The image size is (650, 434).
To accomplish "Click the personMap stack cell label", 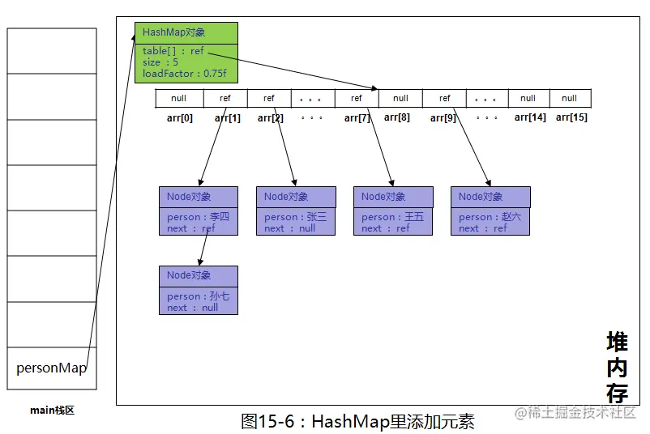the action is tap(51, 368).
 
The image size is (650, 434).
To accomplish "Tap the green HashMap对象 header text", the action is tap(173, 32).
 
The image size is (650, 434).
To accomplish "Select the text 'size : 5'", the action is tap(160, 62).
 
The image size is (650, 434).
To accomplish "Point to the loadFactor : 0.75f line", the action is tap(185, 74).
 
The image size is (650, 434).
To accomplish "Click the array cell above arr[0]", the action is tap(179, 98).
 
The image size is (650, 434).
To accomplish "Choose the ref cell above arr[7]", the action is tap(357, 98).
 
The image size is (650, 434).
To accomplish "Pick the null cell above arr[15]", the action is tap(570, 98).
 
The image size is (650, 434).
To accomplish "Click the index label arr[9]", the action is tap(443, 118).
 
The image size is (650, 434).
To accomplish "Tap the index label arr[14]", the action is tap(530, 117).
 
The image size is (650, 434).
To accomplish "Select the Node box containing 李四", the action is tap(199, 211).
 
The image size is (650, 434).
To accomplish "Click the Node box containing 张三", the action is tap(296, 211).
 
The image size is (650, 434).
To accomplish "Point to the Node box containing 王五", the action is tap(393, 211).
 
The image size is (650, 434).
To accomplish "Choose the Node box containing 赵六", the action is tap(490, 211).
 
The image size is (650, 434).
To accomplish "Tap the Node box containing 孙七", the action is tap(199, 291).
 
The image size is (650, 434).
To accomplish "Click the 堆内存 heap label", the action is tap(618, 367).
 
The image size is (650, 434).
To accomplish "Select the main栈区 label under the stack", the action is tap(52, 411).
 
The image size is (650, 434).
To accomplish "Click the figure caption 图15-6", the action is tap(267, 422).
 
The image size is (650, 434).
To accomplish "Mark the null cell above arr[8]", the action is tap(400, 98).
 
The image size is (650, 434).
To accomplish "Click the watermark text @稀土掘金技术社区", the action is tap(575, 412).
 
